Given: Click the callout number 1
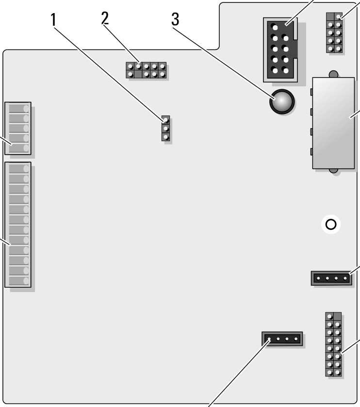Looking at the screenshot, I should pyautogui.click(x=54, y=20).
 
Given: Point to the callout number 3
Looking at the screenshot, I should pyautogui.click(x=175, y=20).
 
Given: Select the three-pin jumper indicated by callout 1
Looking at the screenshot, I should pyautogui.click(x=166, y=129).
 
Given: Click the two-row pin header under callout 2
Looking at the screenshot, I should pyautogui.click(x=146, y=70).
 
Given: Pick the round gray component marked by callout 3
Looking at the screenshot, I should pyautogui.click(x=281, y=102).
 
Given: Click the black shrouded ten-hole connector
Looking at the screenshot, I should pyautogui.click(x=279, y=49).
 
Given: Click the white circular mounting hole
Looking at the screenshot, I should pyautogui.click(x=331, y=225).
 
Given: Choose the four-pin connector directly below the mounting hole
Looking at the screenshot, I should pyautogui.click(x=330, y=278).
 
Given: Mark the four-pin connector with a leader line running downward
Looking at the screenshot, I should pyautogui.click(x=282, y=339).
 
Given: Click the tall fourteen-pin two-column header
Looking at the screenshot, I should pyautogui.click(x=333, y=345).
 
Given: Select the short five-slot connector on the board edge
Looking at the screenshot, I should pyautogui.click(x=17, y=128).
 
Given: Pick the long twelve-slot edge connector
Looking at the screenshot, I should pyautogui.click(x=17, y=225).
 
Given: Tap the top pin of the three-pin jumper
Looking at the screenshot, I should pyautogui.click(x=166, y=120).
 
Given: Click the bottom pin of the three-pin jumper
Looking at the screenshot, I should pyautogui.click(x=166, y=137).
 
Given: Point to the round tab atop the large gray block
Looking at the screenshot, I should pyautogui.click(x=332, y=74).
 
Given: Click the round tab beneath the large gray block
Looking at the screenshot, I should pyautogui.click(x=332, y=171).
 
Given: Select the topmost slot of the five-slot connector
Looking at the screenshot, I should pyautogui.click(x=17, y=108).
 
